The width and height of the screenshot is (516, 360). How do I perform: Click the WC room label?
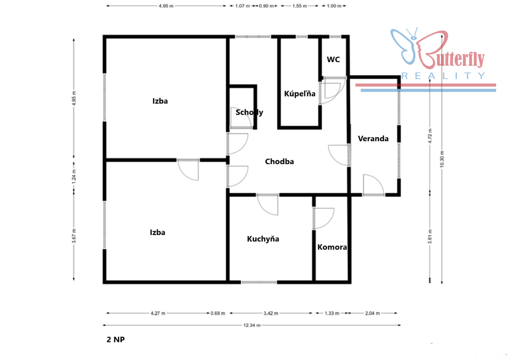click(333, 60)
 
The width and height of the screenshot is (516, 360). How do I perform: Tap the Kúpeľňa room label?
click(300, 94)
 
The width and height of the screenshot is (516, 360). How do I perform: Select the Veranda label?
click(373, 139)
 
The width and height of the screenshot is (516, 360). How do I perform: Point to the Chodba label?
click(279, 161)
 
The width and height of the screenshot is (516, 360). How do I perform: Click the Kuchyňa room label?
click(263, 239)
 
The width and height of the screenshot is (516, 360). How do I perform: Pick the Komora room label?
click(332, 247)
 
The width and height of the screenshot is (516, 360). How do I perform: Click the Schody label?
click(249, 112)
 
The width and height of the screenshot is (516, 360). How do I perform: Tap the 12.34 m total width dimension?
click(252, 325)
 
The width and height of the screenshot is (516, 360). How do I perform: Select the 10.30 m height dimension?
click(442, 159)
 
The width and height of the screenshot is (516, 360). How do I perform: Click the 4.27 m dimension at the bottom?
click(158, 313)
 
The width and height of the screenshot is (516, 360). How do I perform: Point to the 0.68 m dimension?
click(218, 313)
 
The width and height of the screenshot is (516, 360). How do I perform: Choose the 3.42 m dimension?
click(270, 313)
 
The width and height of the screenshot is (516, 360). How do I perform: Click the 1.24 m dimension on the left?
click(74, 176)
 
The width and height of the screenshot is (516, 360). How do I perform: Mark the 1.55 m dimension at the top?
click(300, 6)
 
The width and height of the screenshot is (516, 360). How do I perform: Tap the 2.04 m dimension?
click(372, 313)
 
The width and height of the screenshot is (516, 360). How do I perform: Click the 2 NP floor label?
click(116, 340)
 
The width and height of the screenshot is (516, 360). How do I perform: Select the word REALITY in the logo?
click(443, 76)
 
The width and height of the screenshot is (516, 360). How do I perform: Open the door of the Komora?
click(323, 218)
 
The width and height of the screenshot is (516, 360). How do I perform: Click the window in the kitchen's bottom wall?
click(259, 282)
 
